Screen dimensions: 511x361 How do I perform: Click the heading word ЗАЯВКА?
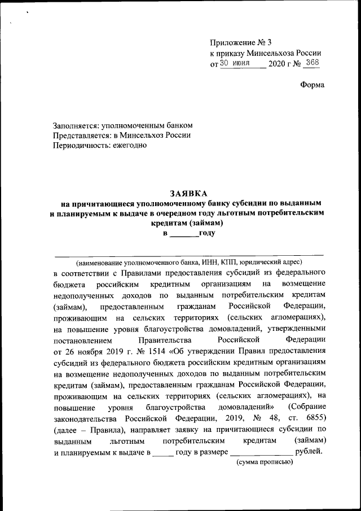coord(189,193)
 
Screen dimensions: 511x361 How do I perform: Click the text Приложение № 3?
coord(240,43)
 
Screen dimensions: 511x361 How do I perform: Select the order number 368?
coord(311,63)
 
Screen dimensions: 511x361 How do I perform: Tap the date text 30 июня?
coord(239,64)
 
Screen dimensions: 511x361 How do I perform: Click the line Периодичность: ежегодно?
coord(99,145)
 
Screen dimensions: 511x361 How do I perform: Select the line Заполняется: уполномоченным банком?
coord(122,125)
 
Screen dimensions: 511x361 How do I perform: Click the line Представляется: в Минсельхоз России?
coord(121,135)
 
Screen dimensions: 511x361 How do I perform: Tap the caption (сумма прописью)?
coord(265,462)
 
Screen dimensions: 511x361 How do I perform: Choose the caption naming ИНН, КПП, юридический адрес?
coord(189,262)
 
